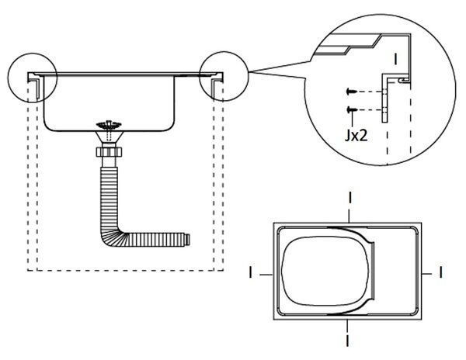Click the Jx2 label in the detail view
pos(356,136)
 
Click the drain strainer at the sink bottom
pos(109,125)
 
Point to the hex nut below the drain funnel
pos(109,152)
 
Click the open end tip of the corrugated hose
pos(187,240)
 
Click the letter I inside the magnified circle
pos(395,59)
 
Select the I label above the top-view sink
pos(350,198)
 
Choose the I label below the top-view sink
pos(347,341)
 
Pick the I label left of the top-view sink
pos(251,272)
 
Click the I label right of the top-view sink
pos(440,272)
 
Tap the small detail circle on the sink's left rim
pos(32,54)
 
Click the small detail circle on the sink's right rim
pos(224,52)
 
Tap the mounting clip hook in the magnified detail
pos(403,80)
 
